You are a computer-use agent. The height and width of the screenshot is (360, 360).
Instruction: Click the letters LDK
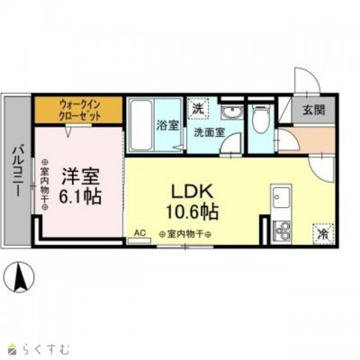pos(189,191)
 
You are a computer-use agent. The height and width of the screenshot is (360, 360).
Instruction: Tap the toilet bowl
pos(258,119)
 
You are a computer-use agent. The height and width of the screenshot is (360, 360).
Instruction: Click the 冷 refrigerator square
pos(323,231)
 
